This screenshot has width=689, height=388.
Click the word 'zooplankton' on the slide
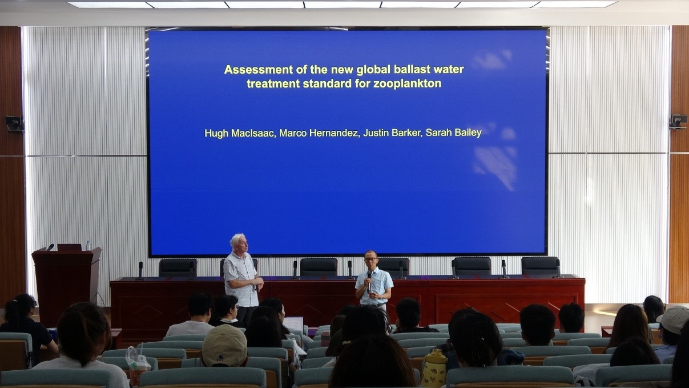pos(407,84)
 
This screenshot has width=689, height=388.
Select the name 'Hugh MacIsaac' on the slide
pos(240,133)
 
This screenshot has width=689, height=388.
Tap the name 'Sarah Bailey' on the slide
pos(453,133)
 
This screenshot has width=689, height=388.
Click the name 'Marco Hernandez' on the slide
pos(319,133)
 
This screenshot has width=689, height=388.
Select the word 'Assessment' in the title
pos(259,70)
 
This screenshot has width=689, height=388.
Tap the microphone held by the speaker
pos(369,282)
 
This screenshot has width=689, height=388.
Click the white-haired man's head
pos(238,243)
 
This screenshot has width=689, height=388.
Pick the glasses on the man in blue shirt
pos(370,259)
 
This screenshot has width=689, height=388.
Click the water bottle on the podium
pos(88,245)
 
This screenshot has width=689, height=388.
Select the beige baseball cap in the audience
pos(224,346)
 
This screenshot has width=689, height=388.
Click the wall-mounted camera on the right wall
pos(678,121)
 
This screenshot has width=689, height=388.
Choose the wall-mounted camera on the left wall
pos(14,123)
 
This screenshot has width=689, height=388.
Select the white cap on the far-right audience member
pos(674,319)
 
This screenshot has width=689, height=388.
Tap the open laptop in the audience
pos(293,324)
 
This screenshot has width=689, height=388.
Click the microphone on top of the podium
pos(50,247)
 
